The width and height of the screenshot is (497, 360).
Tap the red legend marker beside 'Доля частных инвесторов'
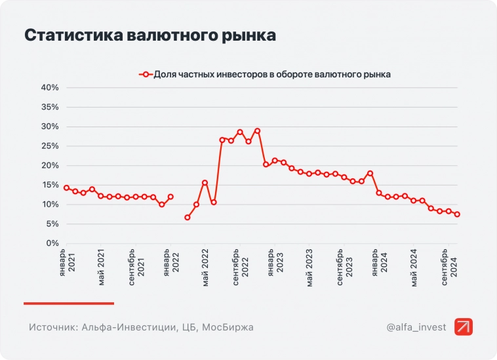pos(146,75)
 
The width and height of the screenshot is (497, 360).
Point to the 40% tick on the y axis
pos(50,87)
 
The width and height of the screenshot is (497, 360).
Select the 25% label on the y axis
pos(50,146)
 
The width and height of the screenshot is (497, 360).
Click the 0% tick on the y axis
pos(52,243)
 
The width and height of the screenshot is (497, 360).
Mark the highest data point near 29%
pos(257,130)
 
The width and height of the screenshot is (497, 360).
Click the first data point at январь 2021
pos(66,188)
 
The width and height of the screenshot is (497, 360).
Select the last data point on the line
pos(457,214)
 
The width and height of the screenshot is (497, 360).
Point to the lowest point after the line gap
pos(188,217)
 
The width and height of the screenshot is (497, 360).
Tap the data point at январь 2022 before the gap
pos(170,196)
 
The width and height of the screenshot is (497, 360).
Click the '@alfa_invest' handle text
pos(416,327)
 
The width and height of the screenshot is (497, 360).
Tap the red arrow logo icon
pos(463,327)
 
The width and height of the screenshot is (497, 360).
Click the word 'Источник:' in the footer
pos(52,327)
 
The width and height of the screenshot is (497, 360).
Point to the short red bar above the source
pos(69,303)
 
